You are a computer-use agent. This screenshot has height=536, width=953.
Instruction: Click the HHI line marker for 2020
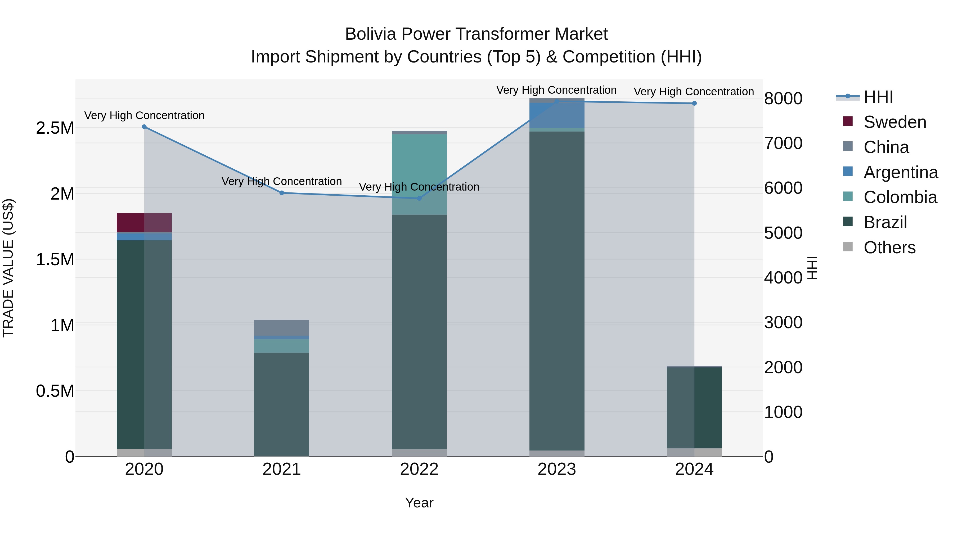pos(144,127)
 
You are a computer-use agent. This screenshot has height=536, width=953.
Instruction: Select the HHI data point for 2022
pos(419,198)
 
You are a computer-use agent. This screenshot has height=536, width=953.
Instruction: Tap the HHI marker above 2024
pos(694,103)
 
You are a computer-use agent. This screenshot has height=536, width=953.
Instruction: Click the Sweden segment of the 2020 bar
pos(144,222)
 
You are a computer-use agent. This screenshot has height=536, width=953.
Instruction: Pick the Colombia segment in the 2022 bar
pos(419,174)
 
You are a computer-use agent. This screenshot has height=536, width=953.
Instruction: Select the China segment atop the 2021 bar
pos(282,327)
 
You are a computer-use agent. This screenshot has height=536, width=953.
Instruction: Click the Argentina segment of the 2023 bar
pos(557,115)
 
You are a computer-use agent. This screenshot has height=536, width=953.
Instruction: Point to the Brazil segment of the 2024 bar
pos(694,407)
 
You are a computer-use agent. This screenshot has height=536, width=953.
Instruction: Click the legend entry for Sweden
pos(894,122)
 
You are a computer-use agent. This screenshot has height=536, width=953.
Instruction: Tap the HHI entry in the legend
pos(878,97)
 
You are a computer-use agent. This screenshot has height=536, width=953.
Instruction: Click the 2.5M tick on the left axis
pos(55,128)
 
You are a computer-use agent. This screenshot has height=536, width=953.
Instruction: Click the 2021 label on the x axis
pos(282,469)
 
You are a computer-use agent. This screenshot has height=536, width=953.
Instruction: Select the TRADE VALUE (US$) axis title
pos(8,268)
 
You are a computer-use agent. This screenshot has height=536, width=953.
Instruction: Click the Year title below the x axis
pos(419,503)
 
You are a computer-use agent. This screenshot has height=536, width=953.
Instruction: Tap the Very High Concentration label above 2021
pos(282,181)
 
